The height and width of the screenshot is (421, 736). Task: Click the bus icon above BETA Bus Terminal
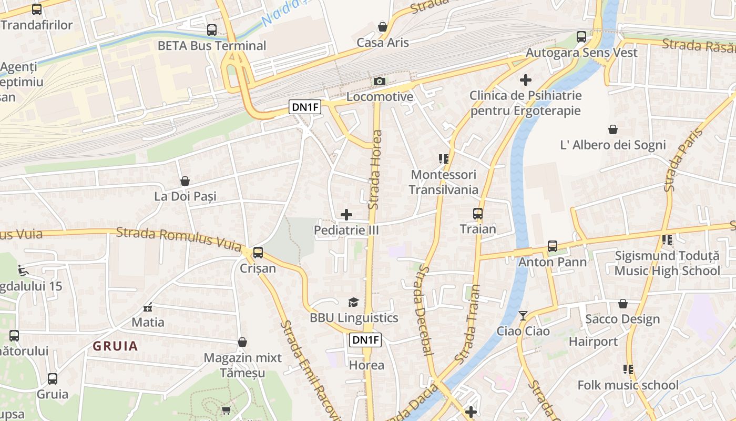[212, 30]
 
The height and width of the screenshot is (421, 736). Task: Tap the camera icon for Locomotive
[380, 81]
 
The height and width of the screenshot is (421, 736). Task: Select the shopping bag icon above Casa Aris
[383, 27]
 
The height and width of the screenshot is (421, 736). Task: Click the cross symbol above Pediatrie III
[346, 214]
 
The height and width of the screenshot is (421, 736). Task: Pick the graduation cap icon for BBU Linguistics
[353, 302]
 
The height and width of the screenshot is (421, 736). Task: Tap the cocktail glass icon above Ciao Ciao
[523, 315]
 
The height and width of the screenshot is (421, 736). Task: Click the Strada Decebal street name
[424, 310]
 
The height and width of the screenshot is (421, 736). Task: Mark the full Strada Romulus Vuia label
[179, 238]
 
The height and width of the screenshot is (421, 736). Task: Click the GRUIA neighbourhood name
[116, 346]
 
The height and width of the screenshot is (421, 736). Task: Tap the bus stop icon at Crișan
[258, 252]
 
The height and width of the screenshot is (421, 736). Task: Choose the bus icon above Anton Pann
[553, 246]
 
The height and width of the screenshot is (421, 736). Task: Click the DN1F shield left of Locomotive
[305, 107]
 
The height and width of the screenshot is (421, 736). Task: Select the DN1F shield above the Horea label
[365, 340]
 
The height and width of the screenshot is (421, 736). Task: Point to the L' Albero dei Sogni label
[613, 145]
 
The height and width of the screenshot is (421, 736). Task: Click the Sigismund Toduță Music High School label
[667, 263]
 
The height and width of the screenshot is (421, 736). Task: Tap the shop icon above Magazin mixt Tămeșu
[242, 342]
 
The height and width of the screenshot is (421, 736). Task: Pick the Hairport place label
[594, 342]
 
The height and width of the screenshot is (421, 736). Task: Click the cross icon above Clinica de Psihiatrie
[525, 80]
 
